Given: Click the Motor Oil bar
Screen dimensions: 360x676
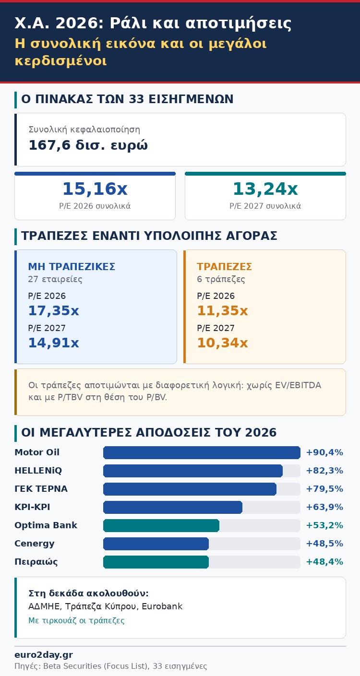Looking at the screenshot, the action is pyautogui.click(x=202, y=452).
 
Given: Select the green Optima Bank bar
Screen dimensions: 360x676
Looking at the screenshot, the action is pyautogui.click(x=161, y=525).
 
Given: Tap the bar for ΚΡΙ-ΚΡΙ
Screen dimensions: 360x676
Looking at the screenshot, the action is pyautogui.click(x=173, y=507).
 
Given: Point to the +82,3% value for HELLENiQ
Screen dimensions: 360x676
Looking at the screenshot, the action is pyautogui.click(x=324, y=471).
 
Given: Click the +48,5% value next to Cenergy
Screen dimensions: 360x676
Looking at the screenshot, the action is pyautogui.click(x=324, y=544).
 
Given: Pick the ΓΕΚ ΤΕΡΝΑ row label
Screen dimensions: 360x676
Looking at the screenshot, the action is pyautogui.click(x=41, y=489).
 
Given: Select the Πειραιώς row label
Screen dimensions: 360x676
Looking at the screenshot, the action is pyautogui.click(x=36, y=562).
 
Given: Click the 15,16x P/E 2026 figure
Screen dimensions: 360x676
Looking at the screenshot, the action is pyautogui.click(x=95, y=189).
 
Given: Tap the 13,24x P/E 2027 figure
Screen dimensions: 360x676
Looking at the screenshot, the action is pyautogui.click(x=265, y=189).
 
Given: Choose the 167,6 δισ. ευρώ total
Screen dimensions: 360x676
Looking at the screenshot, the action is pyautogui.click(x=88, y=145).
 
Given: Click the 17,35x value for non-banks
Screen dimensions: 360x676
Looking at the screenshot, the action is pyautogui.click(x=53, y=310).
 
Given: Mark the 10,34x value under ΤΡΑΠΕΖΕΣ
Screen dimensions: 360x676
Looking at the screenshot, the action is pyautogui.click(x=222, y=343).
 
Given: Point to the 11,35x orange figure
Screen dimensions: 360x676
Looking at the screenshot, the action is pyautogui.click(x=222, y=310).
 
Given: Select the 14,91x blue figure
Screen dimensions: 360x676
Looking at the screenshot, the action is pyautogui.click(x=53, y=343).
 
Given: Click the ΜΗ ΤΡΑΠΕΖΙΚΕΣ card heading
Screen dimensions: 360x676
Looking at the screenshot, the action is pyautogui.click(x=72, y=267).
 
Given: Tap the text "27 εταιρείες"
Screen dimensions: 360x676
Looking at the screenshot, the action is pyautogui.click(x=55, y=279).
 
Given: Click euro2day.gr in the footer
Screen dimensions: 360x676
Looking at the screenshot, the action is pyautogui.click(x=44, y=655).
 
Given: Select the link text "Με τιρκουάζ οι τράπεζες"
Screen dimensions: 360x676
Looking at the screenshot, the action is pyautogui.click(x=76, y=620).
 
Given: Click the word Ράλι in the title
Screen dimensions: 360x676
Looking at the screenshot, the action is pyautogui.click(x=128, y=23).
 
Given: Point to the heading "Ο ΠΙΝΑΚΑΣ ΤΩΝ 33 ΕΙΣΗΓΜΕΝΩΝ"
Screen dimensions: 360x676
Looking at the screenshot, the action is pyautogui.click(x=127, y=99).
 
